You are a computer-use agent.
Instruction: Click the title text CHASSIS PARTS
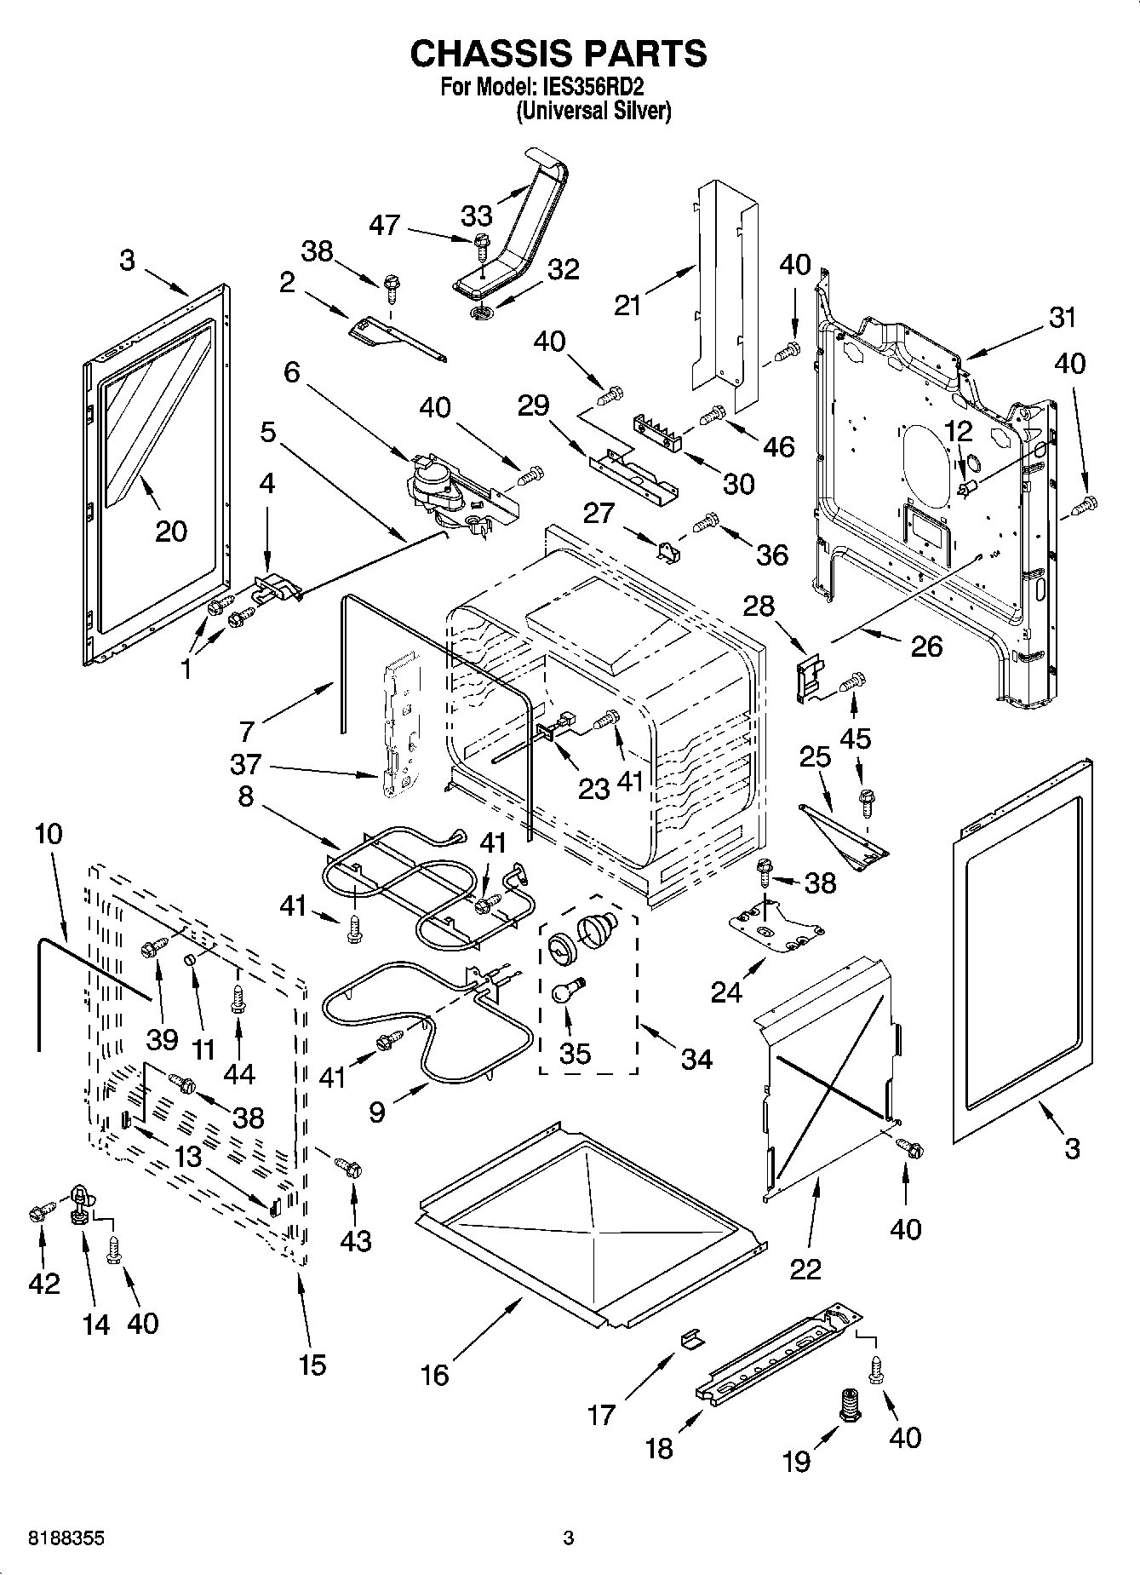coord(558,54)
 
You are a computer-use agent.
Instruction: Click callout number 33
coord(476,215)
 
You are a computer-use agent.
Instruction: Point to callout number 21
coord(627,304)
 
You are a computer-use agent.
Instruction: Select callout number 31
coord(1062,318)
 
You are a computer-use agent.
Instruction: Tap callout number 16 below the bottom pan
coord(435,1374)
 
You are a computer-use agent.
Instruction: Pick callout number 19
coord(797,1462)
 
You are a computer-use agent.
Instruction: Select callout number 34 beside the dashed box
coord(697,1059)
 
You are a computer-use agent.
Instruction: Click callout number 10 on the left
coord(49,834)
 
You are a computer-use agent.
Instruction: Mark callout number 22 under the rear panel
coord(805,1268)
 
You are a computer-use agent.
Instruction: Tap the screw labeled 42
coord(38,1212)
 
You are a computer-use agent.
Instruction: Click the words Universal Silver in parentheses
coord(593,110)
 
